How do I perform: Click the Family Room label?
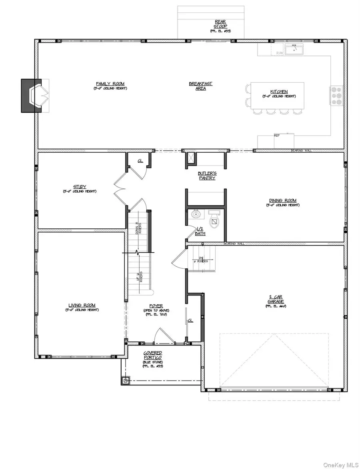(110, 84)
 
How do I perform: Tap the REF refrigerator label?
(276, 136)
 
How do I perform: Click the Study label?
(80, 187)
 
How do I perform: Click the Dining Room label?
(282, 201)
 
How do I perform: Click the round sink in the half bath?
(196, 214)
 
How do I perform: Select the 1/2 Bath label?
(199, 231)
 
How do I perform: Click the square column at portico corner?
(126, 380)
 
